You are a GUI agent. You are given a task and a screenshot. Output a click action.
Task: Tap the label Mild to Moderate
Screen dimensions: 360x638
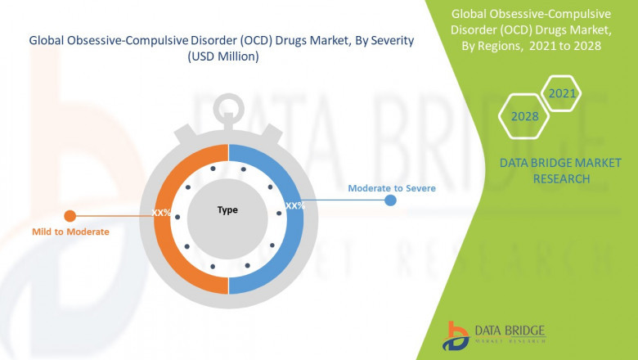tap(70, 232)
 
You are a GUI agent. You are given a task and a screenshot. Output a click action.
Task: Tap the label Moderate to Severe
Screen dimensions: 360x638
tap(391, 187)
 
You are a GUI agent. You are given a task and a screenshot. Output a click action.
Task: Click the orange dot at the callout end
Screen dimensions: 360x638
tap(70, 216)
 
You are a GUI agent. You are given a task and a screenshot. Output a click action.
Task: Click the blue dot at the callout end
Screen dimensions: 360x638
tap(391, 200)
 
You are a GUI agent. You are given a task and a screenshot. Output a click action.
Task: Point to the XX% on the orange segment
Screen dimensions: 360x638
tap(161, 213)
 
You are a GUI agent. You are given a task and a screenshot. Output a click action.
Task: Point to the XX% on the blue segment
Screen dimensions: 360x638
tap(294, 205)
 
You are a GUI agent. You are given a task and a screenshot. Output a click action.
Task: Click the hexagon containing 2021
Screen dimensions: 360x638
tap(562, 94)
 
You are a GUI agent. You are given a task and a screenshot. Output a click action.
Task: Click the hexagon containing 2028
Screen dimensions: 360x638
tap(524, 117)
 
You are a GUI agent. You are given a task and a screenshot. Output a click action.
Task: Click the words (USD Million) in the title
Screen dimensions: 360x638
tap(222, 56)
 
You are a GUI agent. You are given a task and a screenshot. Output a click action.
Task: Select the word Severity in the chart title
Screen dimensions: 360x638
tap(384, 39)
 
